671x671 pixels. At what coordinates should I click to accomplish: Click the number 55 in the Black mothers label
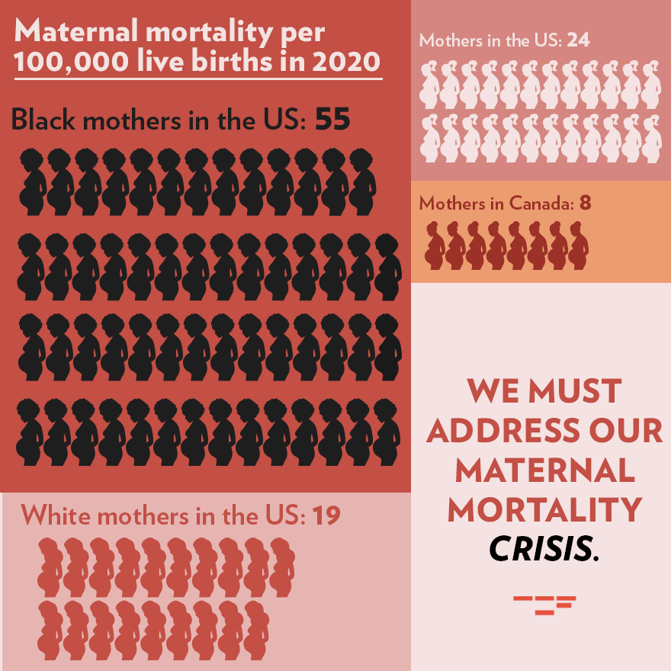[x=332, y=120]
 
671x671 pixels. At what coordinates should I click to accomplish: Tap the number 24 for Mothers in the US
[x=578, y=40]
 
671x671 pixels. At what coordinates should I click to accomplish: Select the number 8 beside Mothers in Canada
[x=585, y=204]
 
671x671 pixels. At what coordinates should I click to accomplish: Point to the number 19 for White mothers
[x=326, y=516]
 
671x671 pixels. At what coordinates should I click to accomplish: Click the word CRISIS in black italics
[x=541, y=548]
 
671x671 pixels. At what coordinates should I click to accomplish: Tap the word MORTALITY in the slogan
[x=544, y=509]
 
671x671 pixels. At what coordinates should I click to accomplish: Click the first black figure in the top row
[x=32, y=181]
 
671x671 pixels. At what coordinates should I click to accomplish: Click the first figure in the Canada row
[x=435, y=246]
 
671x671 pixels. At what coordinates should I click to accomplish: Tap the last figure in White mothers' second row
[x=256, y=631]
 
